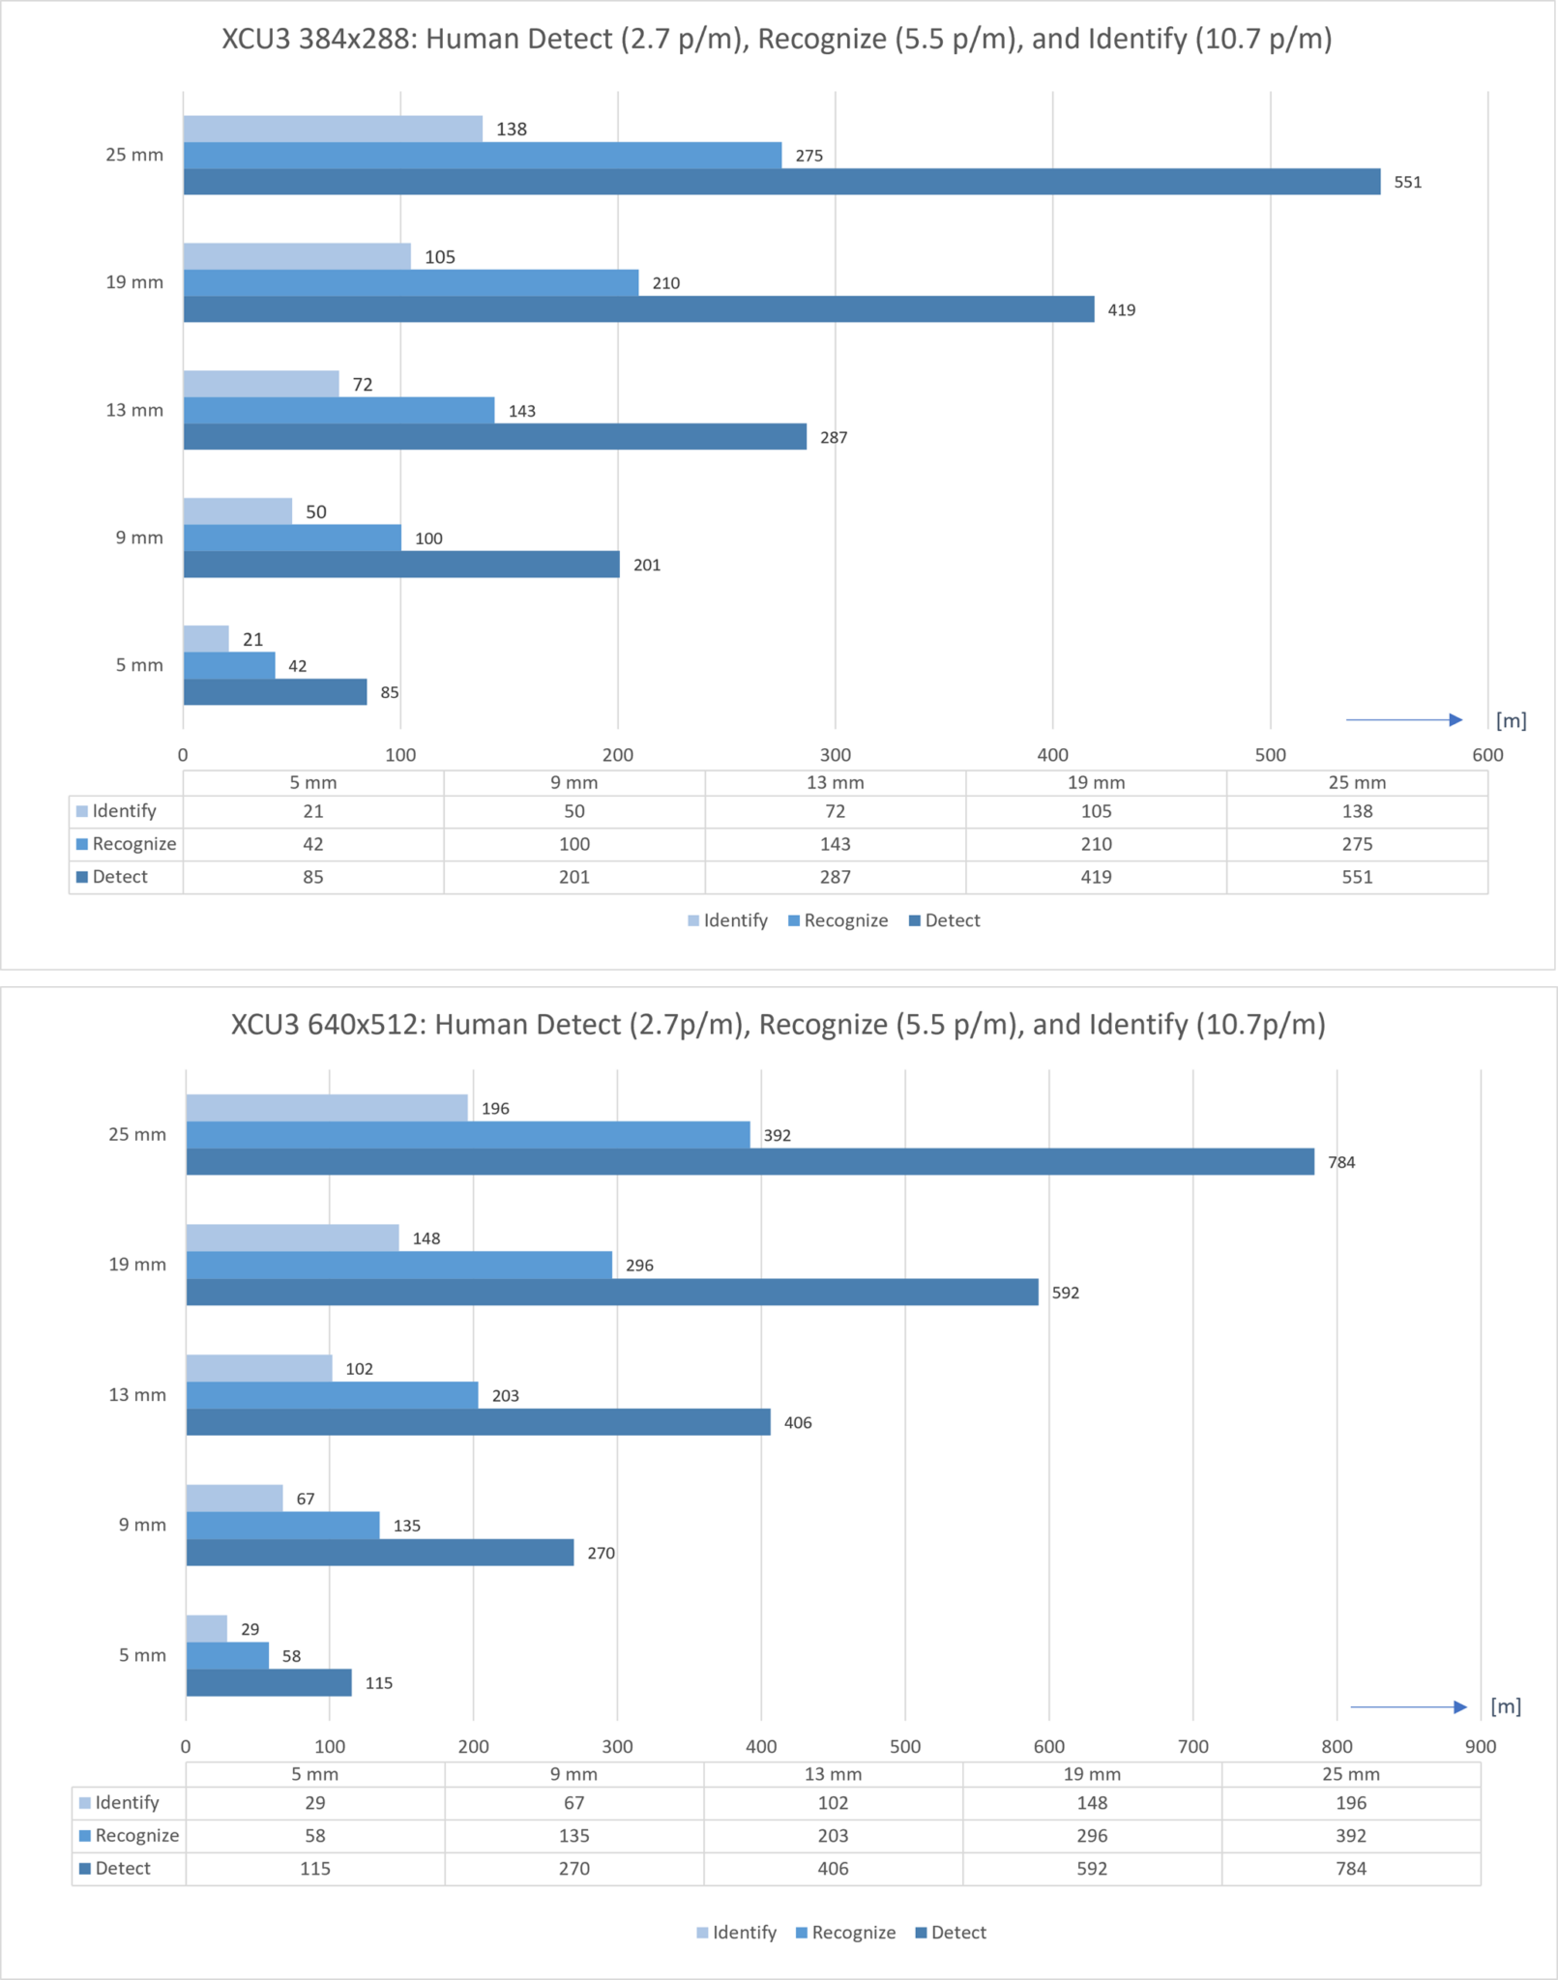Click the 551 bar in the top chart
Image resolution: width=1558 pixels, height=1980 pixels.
(781, 182)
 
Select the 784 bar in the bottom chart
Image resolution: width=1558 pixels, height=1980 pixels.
(750, 1161)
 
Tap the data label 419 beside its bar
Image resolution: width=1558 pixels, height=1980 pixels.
(1121, 310)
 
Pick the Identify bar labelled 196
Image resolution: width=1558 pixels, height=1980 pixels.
(327, 1108)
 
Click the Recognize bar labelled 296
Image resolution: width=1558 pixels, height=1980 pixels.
(398, 1265)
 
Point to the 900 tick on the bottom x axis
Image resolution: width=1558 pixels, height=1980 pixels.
(1480, 1747)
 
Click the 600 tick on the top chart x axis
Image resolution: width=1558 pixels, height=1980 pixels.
(1487, 755)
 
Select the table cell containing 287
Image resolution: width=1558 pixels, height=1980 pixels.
(835, 877)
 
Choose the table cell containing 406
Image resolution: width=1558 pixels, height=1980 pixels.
(833, 1868)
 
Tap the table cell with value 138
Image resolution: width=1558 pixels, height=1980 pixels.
(1357, 811)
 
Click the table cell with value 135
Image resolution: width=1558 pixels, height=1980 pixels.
(573, 1835)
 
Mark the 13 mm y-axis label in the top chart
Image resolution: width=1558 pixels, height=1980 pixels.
(134, 410)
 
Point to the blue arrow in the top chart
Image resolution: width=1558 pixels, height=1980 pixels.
(1403, 719)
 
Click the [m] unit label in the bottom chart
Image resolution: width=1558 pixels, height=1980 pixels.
(1506, 1706)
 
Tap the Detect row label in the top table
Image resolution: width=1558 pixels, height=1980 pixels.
(120, 877)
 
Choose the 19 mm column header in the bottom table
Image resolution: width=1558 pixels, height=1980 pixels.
(1092, 1774)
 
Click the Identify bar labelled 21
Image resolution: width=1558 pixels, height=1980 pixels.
(206, 639)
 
